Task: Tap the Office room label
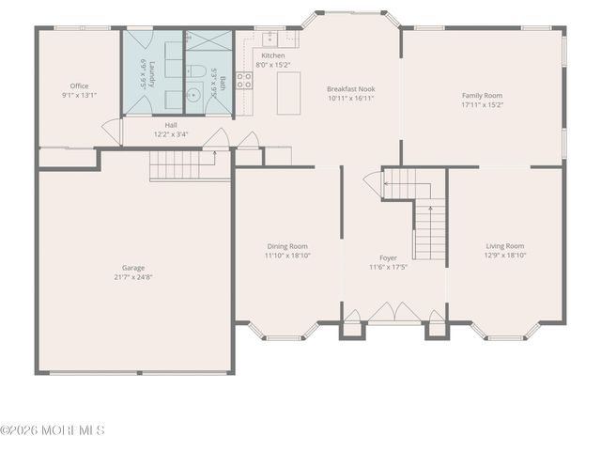(79, 86)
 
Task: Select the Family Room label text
(482, 95)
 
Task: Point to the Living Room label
(504, 245)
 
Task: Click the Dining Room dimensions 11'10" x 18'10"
(287, 255)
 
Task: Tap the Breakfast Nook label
(351, 88)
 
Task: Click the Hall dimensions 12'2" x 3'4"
(171, 134)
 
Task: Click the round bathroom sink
(193, 94)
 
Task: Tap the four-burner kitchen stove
(243, 81)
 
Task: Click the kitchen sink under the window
(270, 39)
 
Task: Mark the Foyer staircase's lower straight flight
(430, 232)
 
